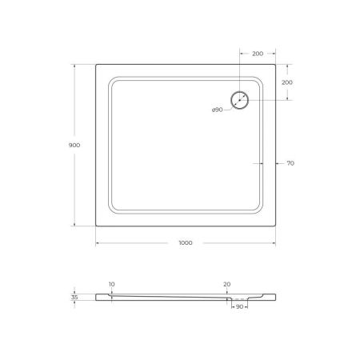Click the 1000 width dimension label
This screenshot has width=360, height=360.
coord(186,253)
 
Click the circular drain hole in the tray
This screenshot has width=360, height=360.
coord(240,101)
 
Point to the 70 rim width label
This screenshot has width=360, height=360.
coord(290,163)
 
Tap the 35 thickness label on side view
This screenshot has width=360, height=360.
coord(74,297)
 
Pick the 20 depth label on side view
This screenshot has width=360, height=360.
coord(227,284)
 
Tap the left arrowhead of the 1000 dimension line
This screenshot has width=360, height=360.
coord(98,243)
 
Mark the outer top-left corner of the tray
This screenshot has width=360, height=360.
coord(97,65)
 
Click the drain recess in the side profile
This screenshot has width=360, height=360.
coord(239,298)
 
